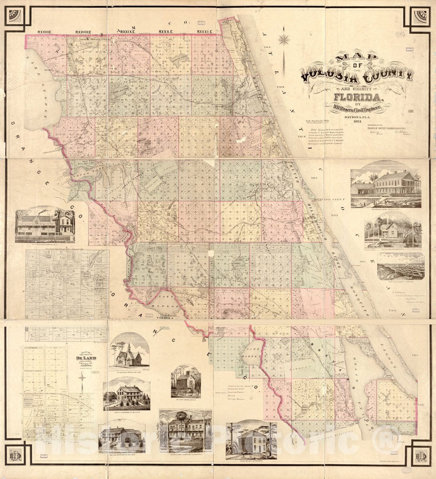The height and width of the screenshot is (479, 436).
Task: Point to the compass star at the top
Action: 284,39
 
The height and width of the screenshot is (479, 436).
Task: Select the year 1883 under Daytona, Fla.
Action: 357,121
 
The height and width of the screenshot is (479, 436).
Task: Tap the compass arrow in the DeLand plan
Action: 82,381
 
